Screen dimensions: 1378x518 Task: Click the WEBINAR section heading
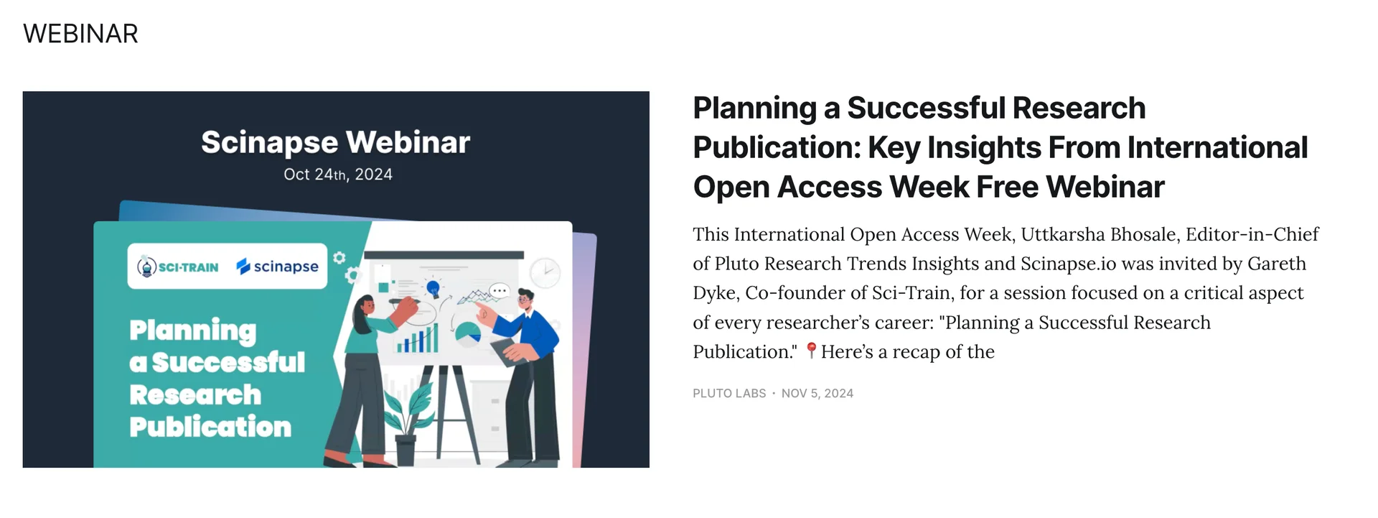(x=80, y=34)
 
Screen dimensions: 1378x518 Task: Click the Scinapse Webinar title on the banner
(x=335, y=142)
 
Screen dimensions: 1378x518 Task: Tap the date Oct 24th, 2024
(x=337, y=175)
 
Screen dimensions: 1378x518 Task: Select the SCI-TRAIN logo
(x=178, y=267)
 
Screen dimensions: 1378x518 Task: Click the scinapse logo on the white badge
(x=277, y=267)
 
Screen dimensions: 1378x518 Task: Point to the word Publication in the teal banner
(x=210, y=427)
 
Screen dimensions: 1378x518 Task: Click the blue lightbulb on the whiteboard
(x=433, y=289)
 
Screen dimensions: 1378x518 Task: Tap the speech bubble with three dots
(x=500, y=291)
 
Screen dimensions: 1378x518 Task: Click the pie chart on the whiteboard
(x=468, y=333)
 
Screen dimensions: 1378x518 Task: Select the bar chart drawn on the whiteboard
(x=417, y=340)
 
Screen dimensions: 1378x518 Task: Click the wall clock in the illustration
(x=545, y=272)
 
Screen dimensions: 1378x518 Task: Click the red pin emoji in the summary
(x=811, y=351)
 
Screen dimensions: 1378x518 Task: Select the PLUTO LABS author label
(x=729, y=394)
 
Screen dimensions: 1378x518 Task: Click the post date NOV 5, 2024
(x=817, y=394)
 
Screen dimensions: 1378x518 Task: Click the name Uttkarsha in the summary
(x=1063, y=235)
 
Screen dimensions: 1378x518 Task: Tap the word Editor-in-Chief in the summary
(x=1252, y=235)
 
